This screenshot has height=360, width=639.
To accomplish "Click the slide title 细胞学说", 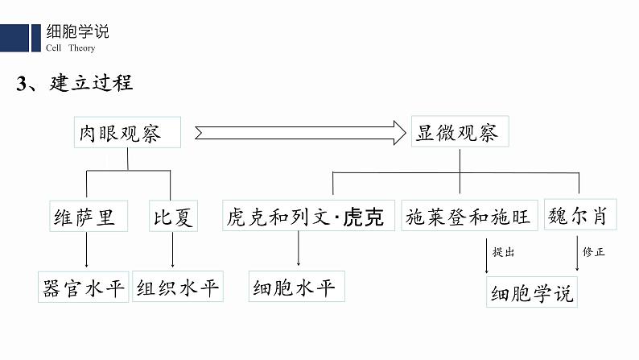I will click(x=78, y=32).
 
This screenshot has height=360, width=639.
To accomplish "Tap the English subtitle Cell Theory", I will click(x=70, y=48).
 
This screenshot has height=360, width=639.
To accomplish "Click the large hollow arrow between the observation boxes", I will click(x=298, y=132).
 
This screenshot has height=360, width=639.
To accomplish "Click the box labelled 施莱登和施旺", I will click(x=468, y=217).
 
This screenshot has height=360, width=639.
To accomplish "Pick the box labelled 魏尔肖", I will click(x=577, y=215).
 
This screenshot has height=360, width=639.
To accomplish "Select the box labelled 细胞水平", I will click(x=296, y=288).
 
